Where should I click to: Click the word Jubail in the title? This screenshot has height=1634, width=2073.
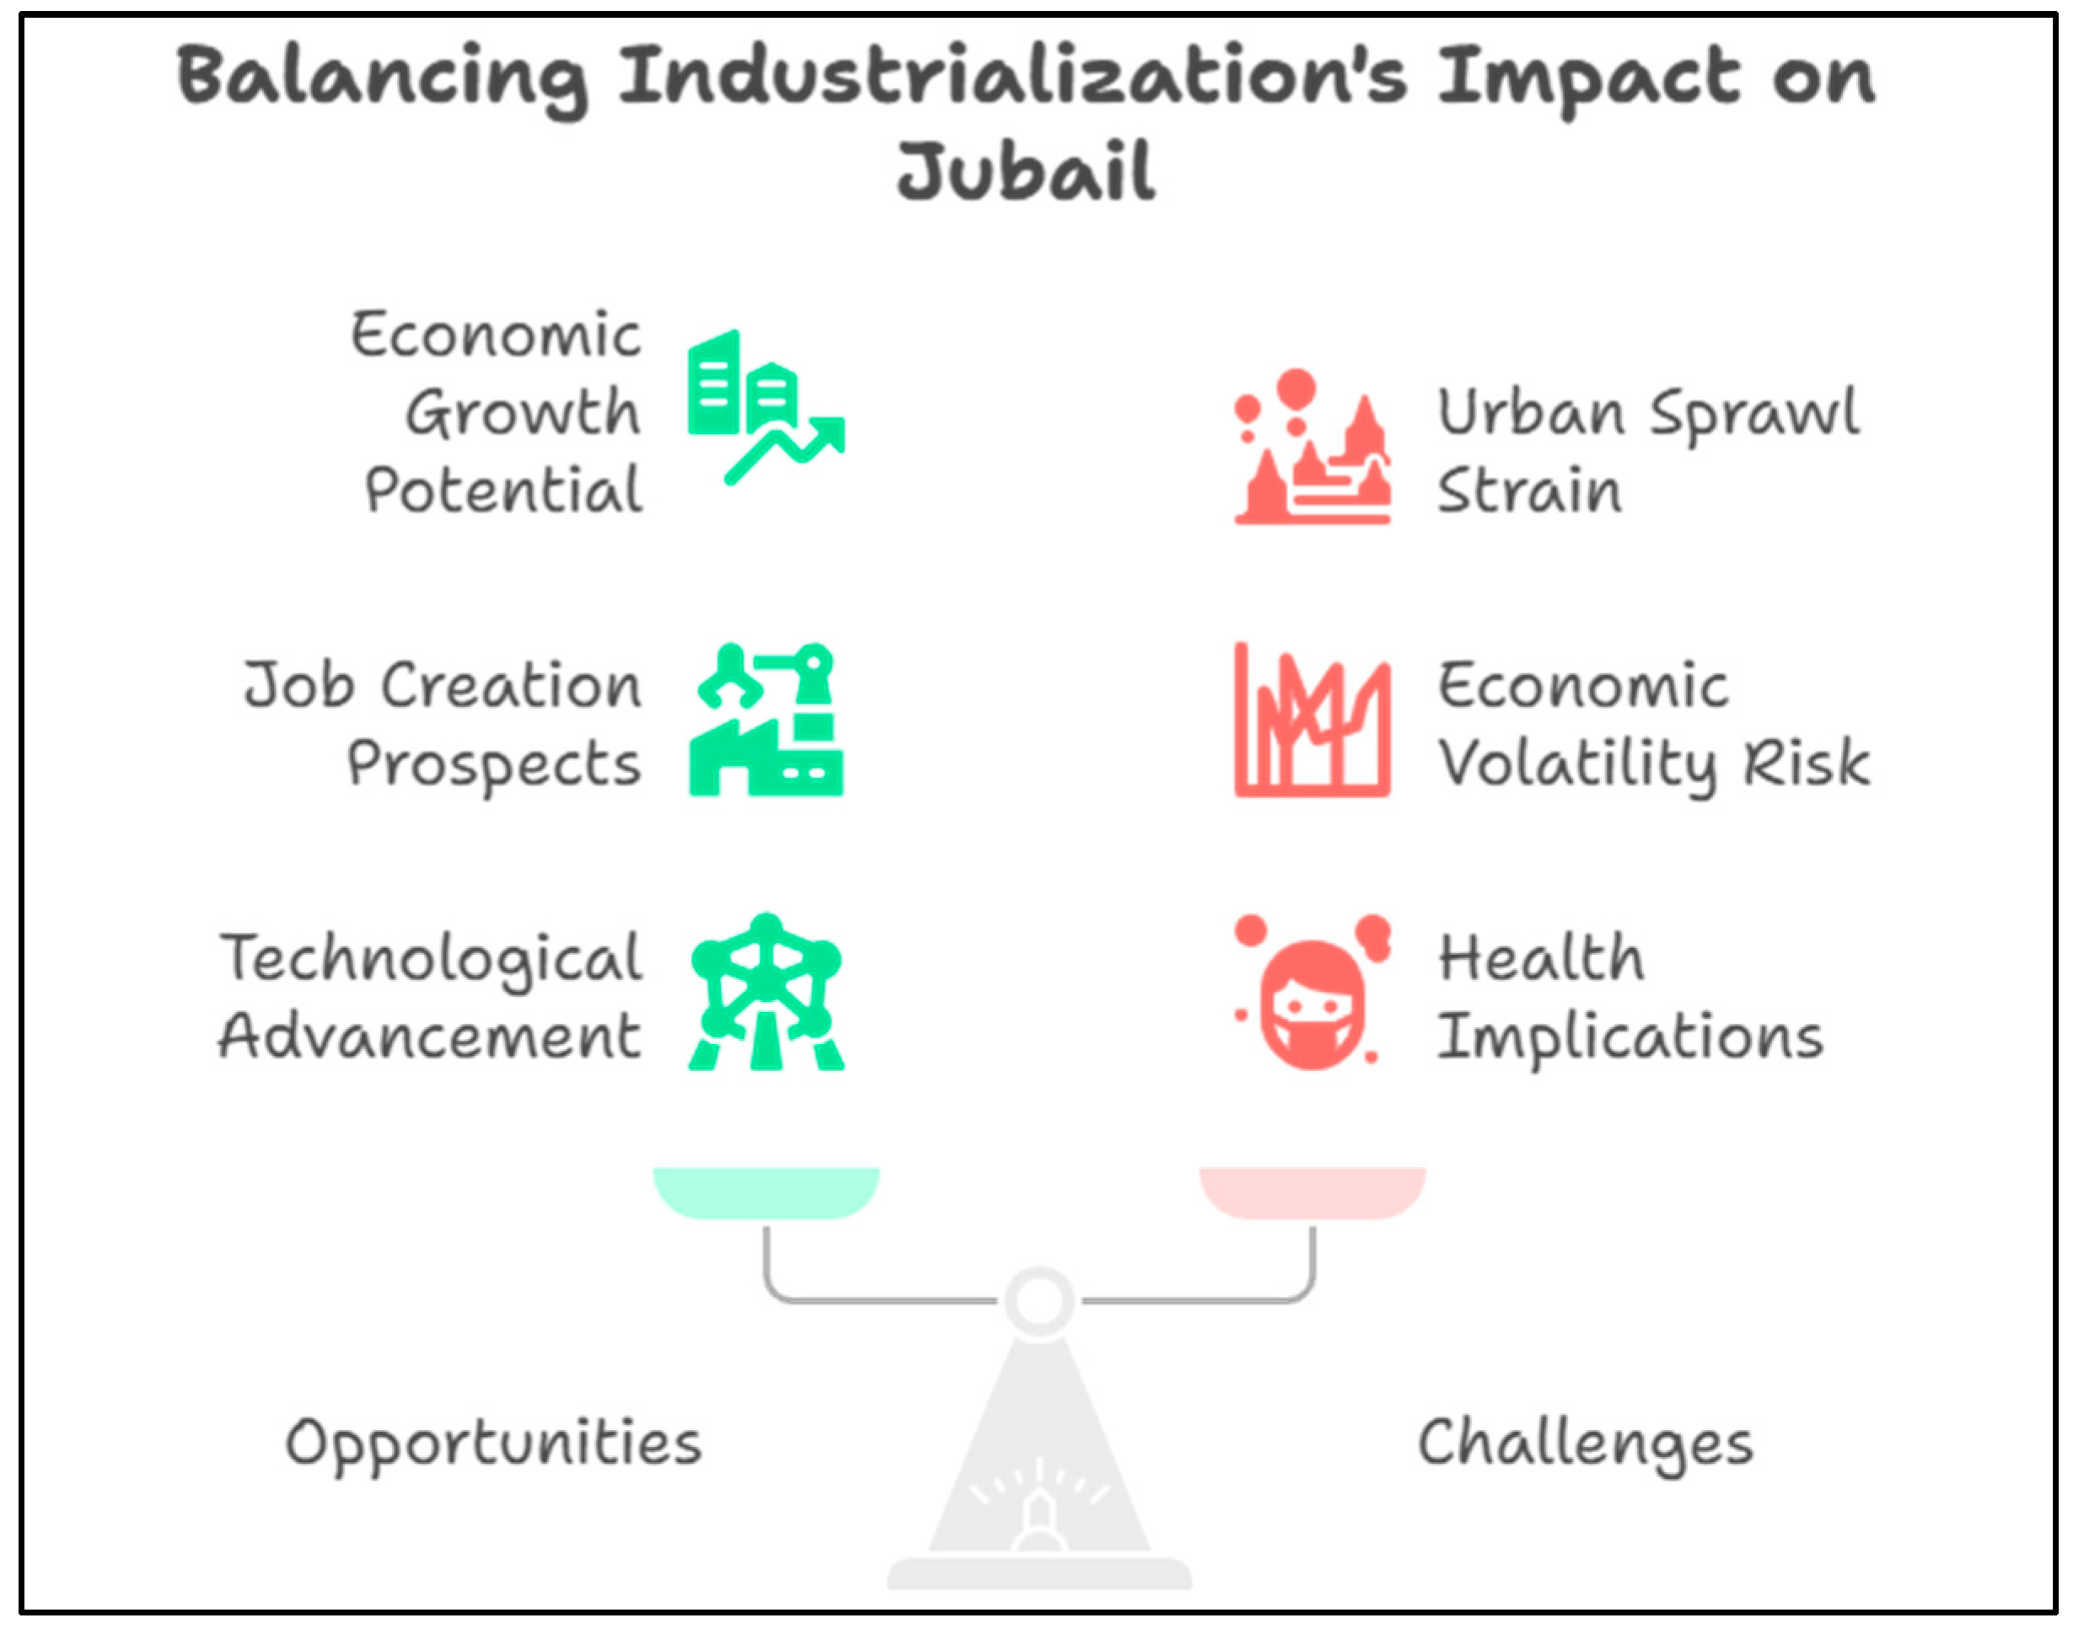(1026, 172)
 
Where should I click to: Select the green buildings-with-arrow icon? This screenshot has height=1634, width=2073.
(765, 406)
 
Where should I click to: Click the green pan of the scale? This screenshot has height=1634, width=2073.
(765, 1191)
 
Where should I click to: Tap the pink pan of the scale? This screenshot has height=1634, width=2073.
(1312, 1191)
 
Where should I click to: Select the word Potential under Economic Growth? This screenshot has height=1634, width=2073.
(503, 490)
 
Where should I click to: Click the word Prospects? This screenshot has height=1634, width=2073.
(494, 764)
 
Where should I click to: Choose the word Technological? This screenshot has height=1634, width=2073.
(432, 959)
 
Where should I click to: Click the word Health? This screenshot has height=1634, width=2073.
(1542, 959)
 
